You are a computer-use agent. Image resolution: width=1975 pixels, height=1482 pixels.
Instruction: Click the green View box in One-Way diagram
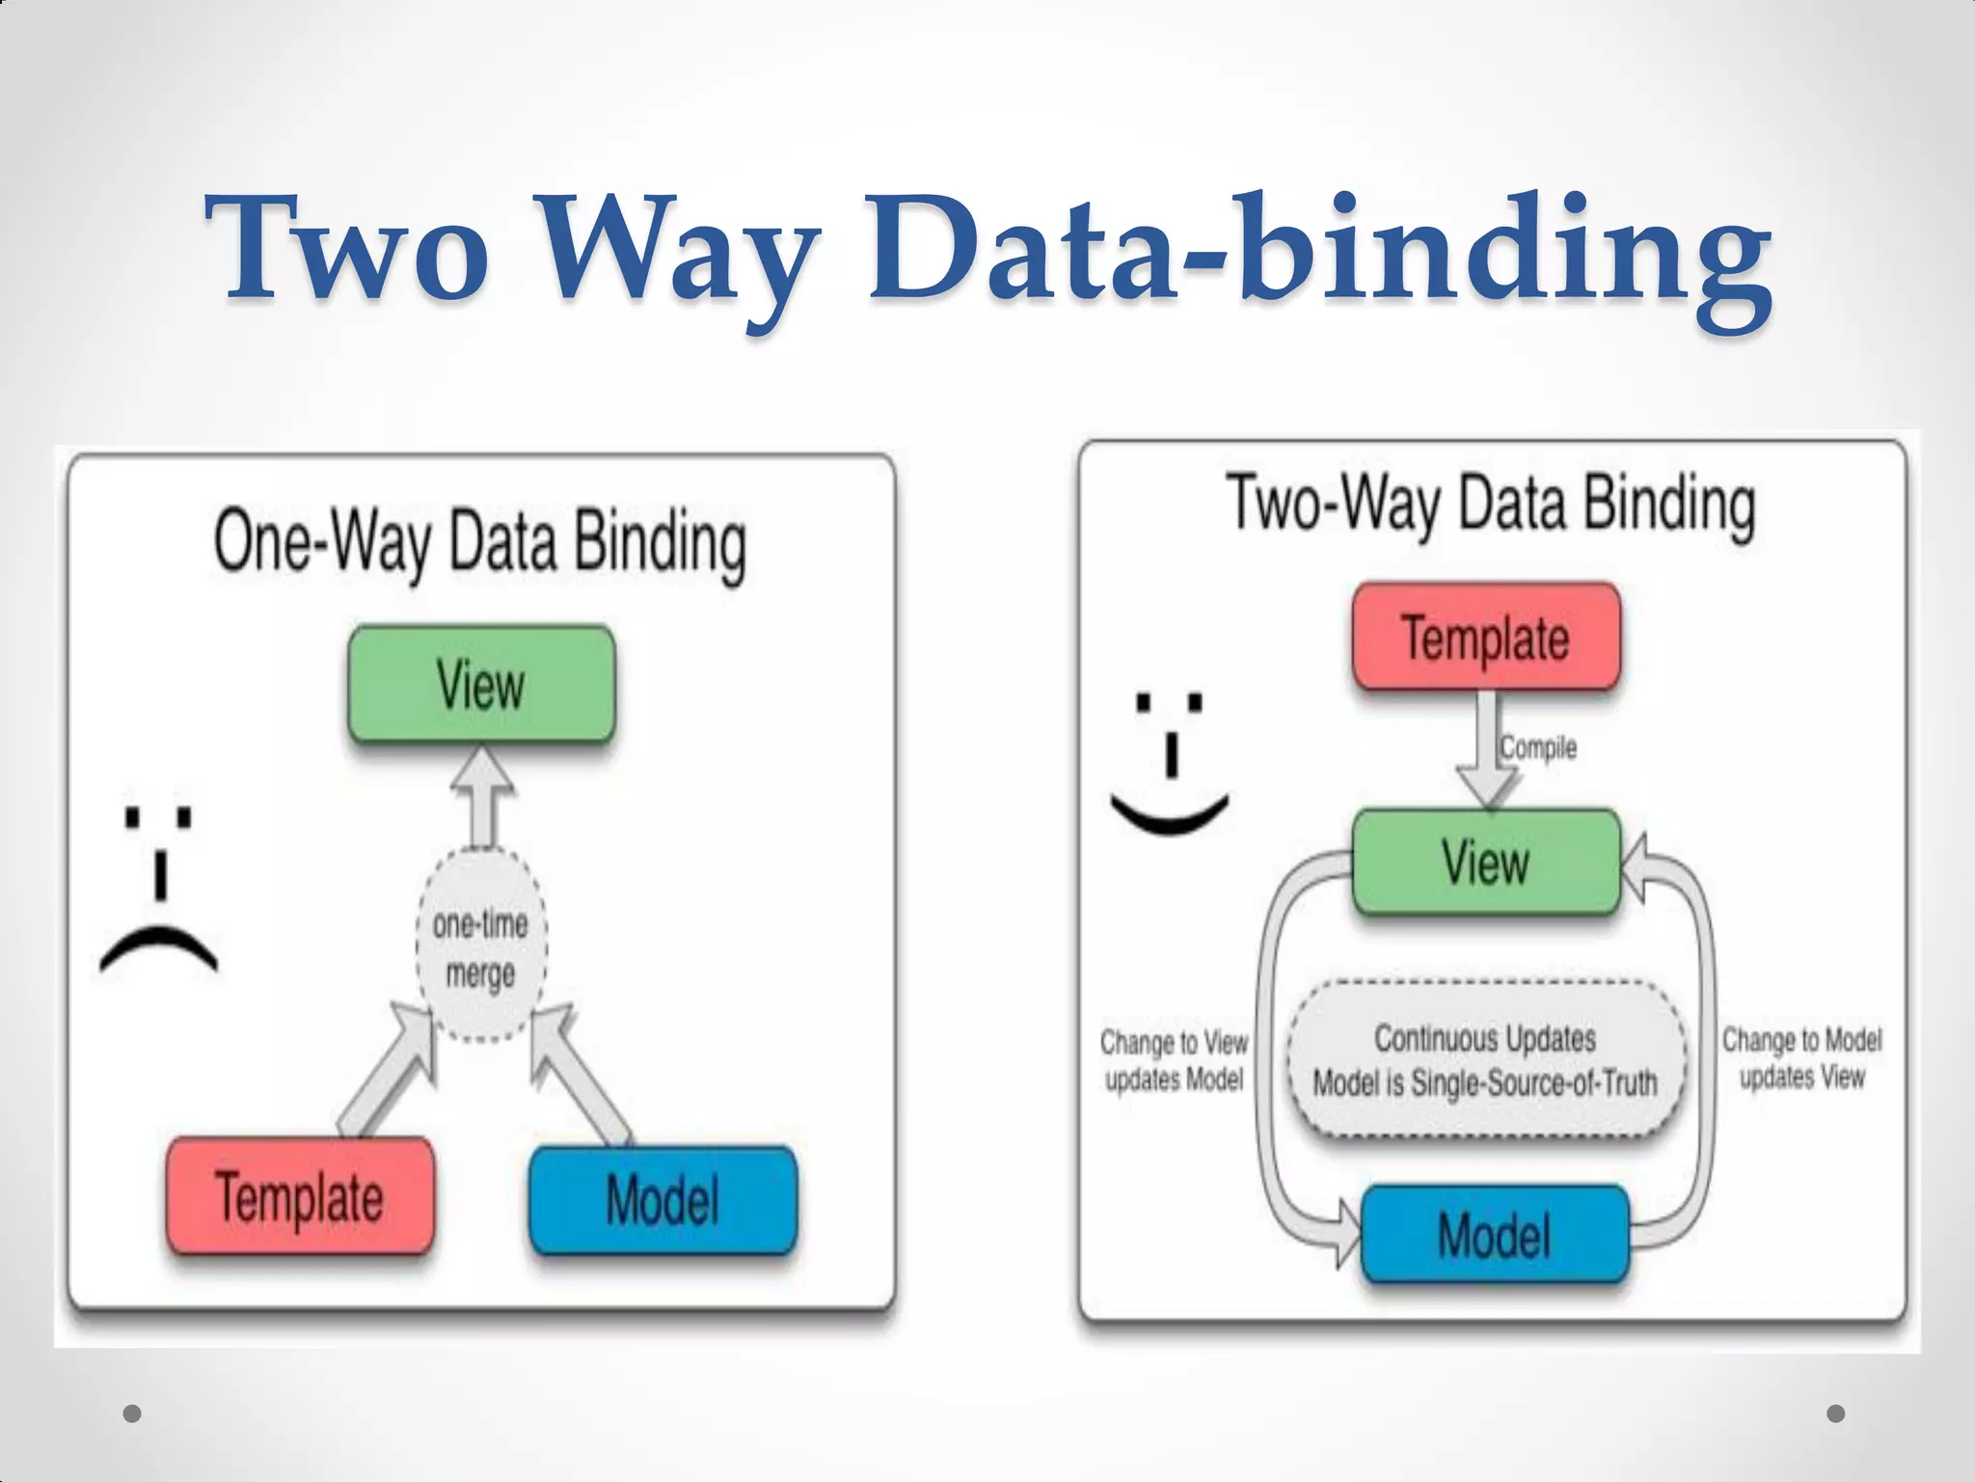point(481,684)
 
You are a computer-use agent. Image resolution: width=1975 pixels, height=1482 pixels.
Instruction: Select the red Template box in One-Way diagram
point(300,1196)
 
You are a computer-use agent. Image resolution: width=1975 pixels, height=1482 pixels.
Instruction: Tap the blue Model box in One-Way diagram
point(663,1199)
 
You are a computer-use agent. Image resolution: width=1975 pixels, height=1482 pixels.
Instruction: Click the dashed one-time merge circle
point(481,947)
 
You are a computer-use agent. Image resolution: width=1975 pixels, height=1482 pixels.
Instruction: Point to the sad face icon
point(159,888)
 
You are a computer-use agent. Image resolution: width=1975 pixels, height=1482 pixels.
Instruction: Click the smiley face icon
point(1170,762)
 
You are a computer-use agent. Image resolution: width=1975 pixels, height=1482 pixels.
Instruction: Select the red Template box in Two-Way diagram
point(1486,637)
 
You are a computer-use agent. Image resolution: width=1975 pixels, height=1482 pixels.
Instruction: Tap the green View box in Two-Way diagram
point(1486,862)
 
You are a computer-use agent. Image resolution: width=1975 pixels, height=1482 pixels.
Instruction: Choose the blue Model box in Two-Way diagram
point(1495,1235)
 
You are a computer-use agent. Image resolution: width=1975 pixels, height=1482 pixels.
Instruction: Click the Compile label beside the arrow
point(1538,747)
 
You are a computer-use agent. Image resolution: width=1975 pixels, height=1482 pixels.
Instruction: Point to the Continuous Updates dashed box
point(1485,1060)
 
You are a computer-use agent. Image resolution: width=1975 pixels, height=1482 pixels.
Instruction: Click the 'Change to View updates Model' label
point(1174,1060)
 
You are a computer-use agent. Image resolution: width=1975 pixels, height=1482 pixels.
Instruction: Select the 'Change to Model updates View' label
point(1801,1058)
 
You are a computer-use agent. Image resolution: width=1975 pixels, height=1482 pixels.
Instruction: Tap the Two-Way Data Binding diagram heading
point(1491,505)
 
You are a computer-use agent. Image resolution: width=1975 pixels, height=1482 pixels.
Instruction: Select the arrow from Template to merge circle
point(386,1071)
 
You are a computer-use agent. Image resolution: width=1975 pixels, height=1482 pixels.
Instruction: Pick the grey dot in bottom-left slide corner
point(133,1413)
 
